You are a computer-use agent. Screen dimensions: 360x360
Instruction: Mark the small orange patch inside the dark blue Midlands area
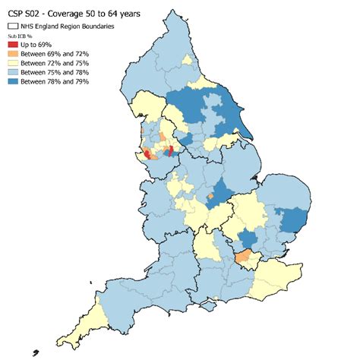209,196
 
